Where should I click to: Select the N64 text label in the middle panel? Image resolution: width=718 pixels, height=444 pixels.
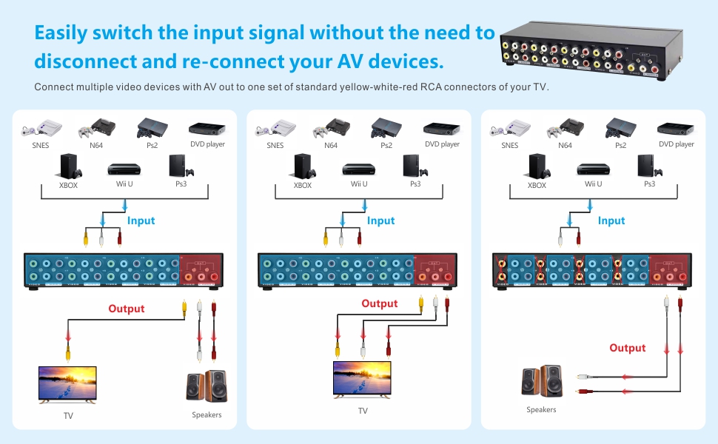tap(331, 145)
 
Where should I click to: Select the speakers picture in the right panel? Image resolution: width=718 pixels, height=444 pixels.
tap(541, 381)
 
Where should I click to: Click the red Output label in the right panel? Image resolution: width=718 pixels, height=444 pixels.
tap(627, 348)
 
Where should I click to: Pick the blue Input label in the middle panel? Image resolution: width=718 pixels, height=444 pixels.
tap(380, 221)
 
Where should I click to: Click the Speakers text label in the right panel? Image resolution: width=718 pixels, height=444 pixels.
tap(541, 409)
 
